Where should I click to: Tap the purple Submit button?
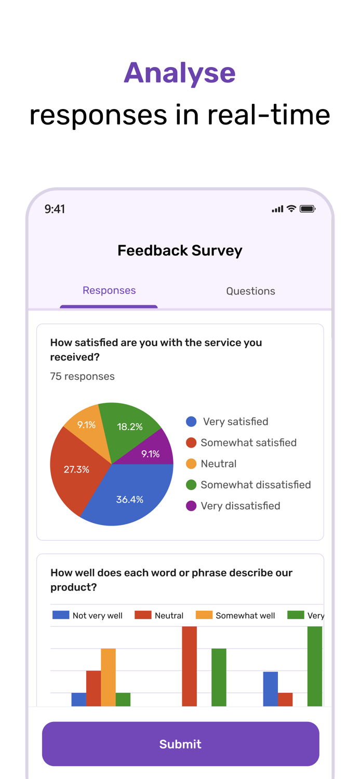(x=180, y=744)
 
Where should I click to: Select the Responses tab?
(x=109, y=290)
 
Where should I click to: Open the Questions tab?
(x=250, y=291)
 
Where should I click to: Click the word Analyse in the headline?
(x=180, y=73)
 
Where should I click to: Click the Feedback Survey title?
(x=180, y=250)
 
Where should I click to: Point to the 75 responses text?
(x=82, y=377)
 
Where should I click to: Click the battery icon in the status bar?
(x=307, y=209)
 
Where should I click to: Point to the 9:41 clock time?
(x=55, y=209)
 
